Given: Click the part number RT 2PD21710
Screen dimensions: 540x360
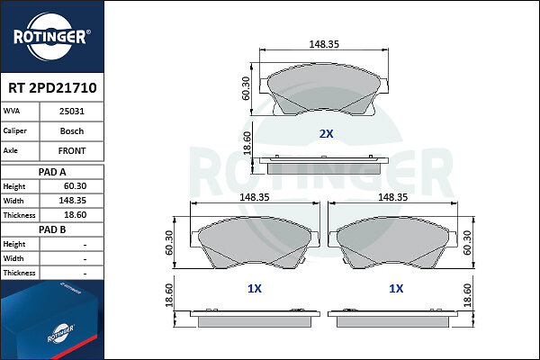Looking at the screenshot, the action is click(x=52, y=88).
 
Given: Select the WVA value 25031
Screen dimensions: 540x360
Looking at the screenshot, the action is click(x=72, y=112).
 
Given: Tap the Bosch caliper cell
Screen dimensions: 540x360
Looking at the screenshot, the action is click(x=72, y=131).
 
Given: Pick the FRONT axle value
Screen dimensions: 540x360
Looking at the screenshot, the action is click(x=72, y=151).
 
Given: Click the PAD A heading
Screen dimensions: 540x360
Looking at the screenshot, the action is click(x=52, y=172).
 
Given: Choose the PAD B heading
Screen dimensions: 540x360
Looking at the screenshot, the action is click(x=52, y=229).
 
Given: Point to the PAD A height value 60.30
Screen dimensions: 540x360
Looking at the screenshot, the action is click(x=75, y=186).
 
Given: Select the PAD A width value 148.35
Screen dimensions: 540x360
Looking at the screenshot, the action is click(x=72, y=201).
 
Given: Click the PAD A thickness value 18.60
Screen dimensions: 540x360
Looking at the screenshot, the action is click(x=75, y=215).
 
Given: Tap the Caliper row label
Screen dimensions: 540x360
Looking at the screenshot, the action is click(x=14, y=130).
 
